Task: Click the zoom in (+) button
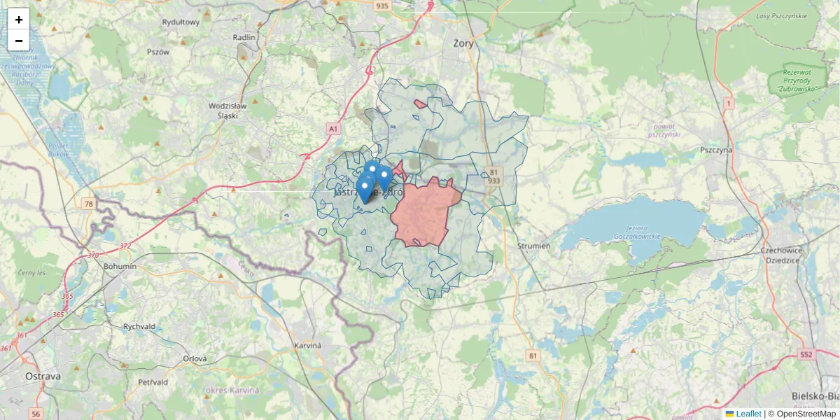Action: [19, 20]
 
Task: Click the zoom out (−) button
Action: [19, 41]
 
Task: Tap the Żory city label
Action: [463, 43]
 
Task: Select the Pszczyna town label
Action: [715, 150]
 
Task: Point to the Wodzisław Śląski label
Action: [228, 111]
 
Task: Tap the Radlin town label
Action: [245, 37]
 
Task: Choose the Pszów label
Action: [158, 52]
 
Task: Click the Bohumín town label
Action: [120, 267]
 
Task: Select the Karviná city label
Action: [307, 346]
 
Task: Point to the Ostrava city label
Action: [43, 376]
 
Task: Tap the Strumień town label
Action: [533, 246]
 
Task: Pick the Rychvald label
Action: [139, 326]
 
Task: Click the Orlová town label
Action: [195, 358]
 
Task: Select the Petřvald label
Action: [153, 382]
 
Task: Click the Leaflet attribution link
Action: [748, 414]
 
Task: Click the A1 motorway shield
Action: [333, 129]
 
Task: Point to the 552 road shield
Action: [806, 355]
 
